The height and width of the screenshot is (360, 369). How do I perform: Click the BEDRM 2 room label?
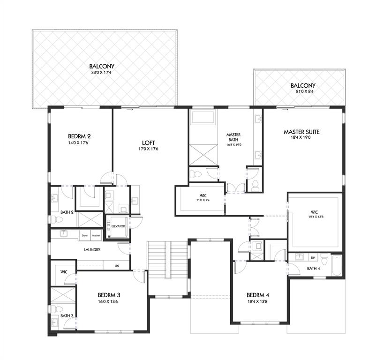tap(79, 136)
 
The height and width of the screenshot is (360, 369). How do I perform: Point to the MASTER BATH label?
tap(233, 137)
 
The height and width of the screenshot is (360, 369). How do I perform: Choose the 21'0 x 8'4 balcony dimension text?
tap(302, 92)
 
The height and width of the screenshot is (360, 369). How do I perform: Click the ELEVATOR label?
tap(118, 226)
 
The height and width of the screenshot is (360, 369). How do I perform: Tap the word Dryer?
tap(85, 235)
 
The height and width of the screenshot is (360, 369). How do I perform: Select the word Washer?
tap(96, 235)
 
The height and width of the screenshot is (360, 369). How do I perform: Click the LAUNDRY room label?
tap(92, 249)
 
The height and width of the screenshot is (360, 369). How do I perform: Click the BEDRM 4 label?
tap(258, 295)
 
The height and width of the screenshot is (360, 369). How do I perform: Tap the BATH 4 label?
tap(313, 268)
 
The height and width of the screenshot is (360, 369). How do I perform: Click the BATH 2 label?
tap(67, 212)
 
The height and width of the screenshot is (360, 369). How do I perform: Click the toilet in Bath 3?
tap(54, 308)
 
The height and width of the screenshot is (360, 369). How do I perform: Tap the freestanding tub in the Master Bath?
tap(202, 117)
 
